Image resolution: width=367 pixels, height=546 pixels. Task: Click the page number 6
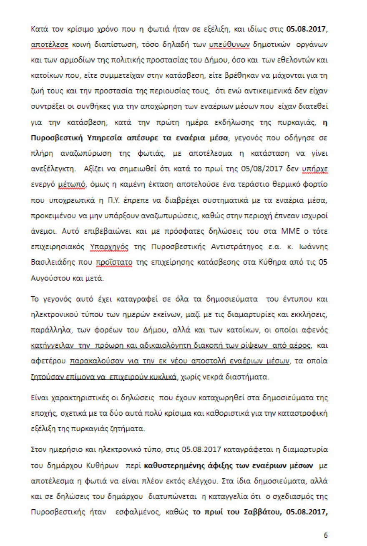pos(326,536)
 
